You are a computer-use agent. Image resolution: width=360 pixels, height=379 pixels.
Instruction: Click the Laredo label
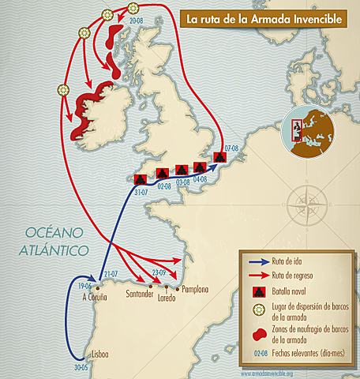tap(167, 299)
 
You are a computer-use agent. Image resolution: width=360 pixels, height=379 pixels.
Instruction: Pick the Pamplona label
tap(194, 290)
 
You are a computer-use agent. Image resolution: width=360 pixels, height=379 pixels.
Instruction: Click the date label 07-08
tap(231, 148)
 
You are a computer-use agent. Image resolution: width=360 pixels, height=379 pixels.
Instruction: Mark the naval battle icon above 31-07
tap(141, 179)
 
